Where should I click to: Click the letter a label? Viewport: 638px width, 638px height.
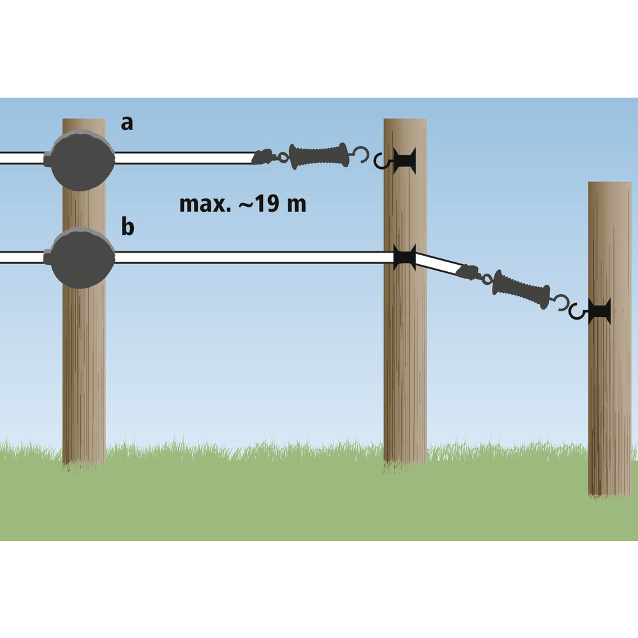click(128, 123)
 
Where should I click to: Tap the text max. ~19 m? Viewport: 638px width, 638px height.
click(242, 205)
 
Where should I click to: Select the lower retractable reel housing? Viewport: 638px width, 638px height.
click(82, 259)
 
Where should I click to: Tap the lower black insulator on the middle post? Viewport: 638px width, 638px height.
click(404, 258)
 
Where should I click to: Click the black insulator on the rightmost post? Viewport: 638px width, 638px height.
click(600, 312)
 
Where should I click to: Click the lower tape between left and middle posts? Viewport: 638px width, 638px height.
click(255, 258)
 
